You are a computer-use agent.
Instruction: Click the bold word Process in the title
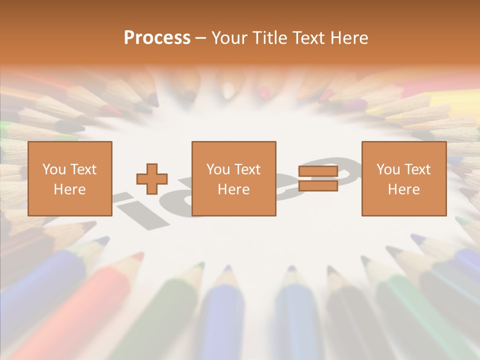pos(157,38)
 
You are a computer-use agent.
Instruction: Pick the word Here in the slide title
pos(350,38)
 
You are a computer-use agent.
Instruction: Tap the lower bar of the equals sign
pos(318,186)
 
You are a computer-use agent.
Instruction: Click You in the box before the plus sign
pos(54,169)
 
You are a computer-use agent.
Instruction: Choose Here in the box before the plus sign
pos(69,189)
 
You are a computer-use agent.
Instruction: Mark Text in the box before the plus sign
pos(82,169)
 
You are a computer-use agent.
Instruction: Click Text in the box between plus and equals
pos(246,169)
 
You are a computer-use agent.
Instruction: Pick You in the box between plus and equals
pos(218,169)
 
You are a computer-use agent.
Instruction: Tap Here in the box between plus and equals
pos(233,189)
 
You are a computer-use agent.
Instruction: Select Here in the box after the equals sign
pos(403,189)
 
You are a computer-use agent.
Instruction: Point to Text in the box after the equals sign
pos(416,169)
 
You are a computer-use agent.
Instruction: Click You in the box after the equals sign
pos(388,169)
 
